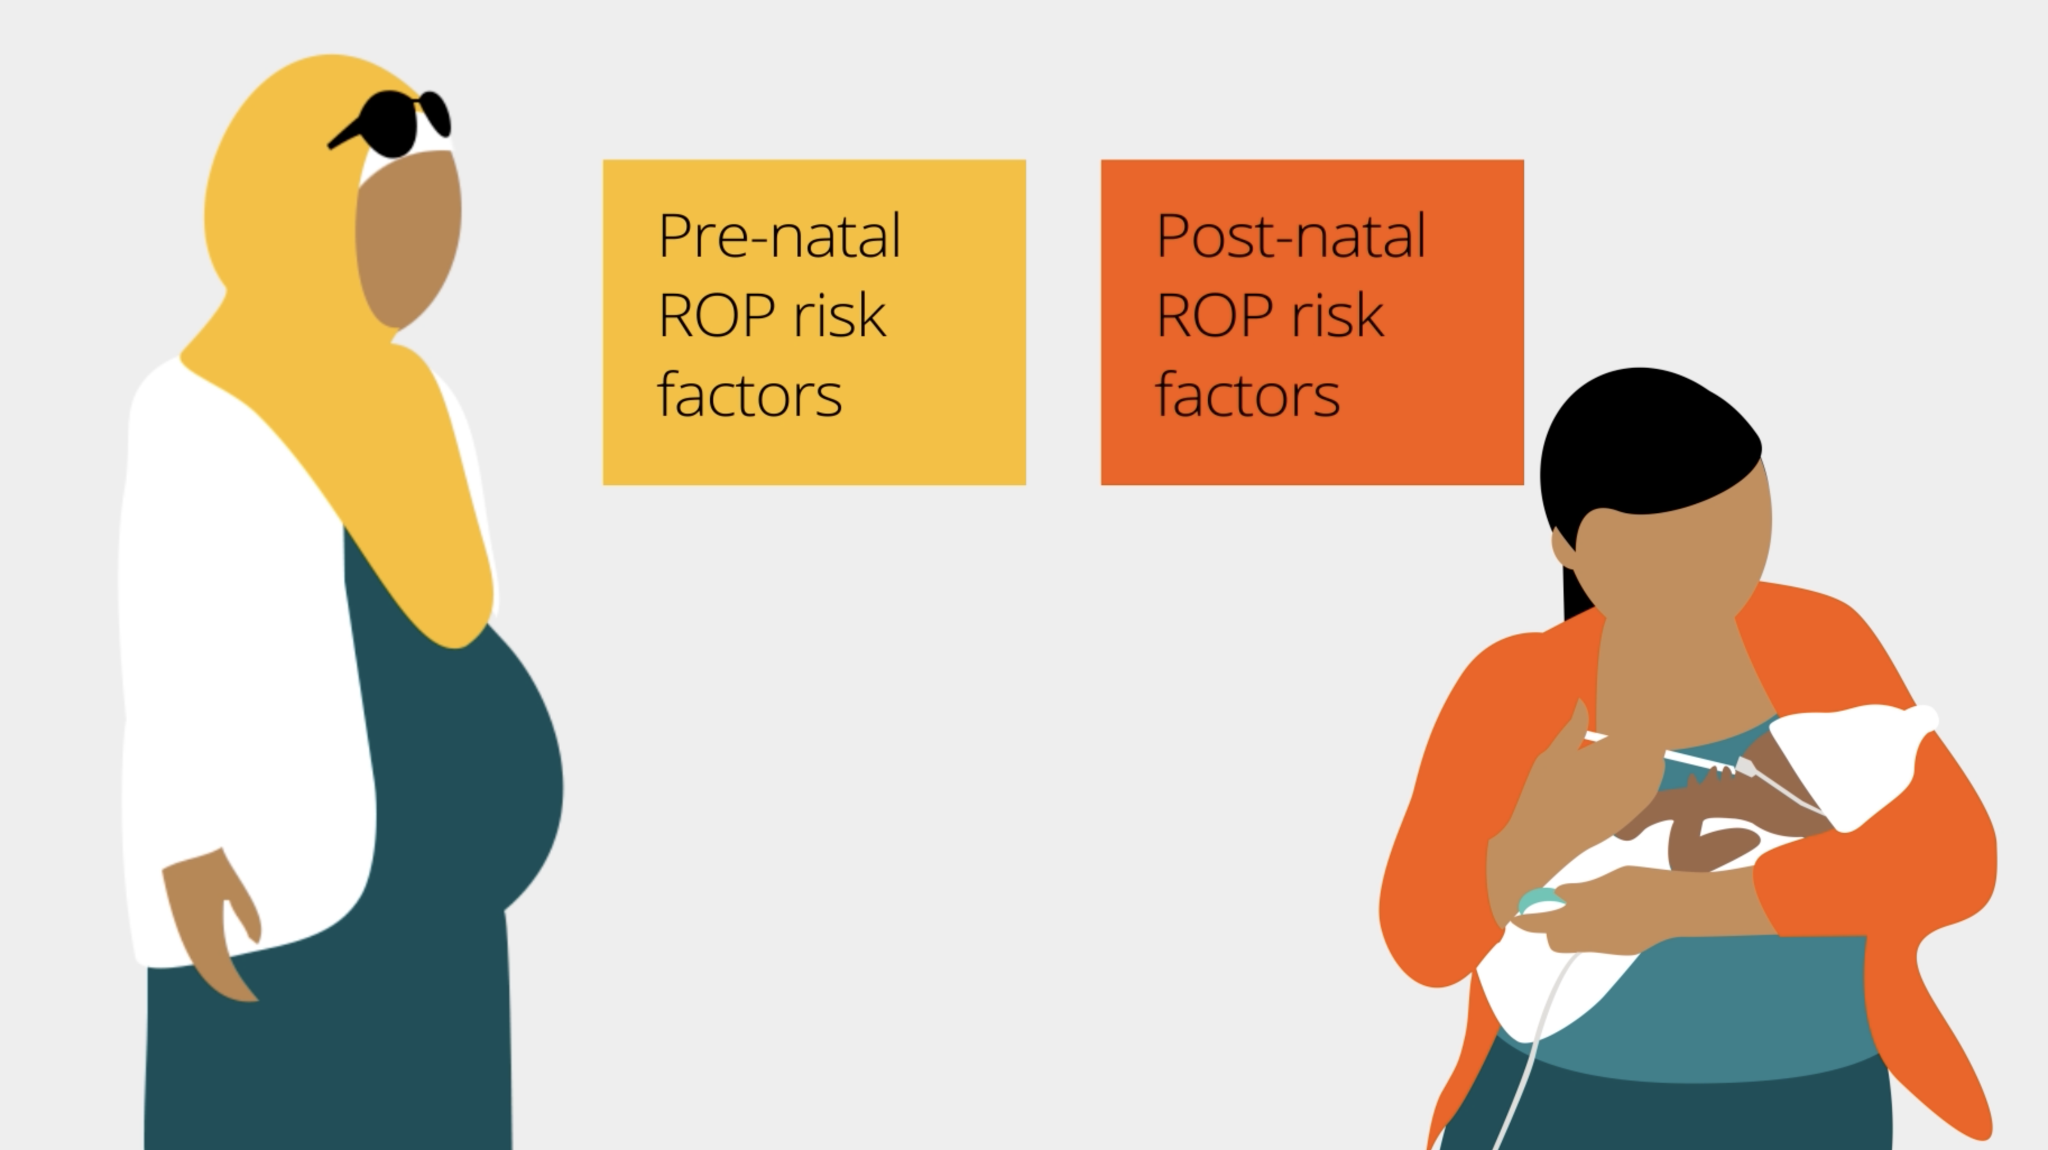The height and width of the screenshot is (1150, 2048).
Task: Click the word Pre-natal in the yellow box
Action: coord(779,235)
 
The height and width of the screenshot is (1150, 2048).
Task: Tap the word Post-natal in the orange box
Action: coord(1291,235)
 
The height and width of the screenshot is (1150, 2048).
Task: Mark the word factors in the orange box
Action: coord(1247,393)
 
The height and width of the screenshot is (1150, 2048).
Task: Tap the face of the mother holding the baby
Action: coord(1673,557)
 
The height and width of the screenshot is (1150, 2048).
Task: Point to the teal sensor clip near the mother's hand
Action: coord(1540,902)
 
